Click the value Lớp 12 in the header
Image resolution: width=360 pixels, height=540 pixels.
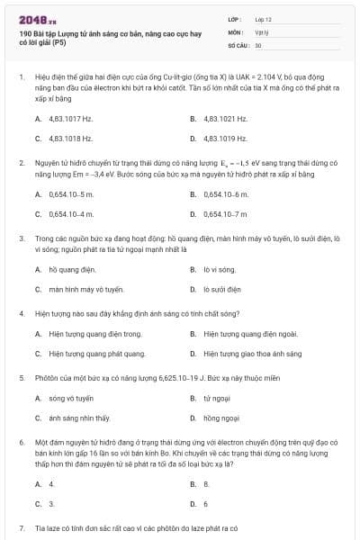[263, 18]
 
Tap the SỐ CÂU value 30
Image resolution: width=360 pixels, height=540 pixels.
[258, 44]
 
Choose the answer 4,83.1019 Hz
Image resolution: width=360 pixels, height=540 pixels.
[224, 139]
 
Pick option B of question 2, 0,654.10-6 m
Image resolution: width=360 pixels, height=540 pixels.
[226, 193]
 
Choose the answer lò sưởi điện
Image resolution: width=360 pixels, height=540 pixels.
[222, 289]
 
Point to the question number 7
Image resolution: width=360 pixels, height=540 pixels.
[21, 526]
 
